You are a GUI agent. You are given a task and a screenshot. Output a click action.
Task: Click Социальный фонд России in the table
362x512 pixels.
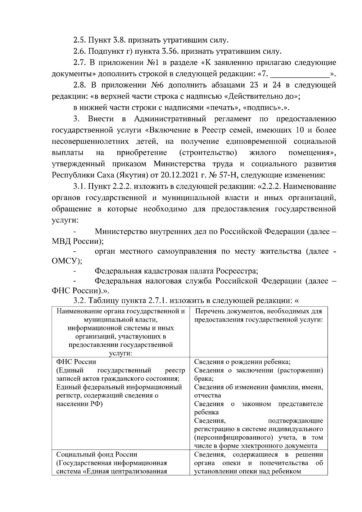[x=97, y=454]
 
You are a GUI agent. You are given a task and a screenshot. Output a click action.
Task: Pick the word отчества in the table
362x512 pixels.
[x=208, y=395]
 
